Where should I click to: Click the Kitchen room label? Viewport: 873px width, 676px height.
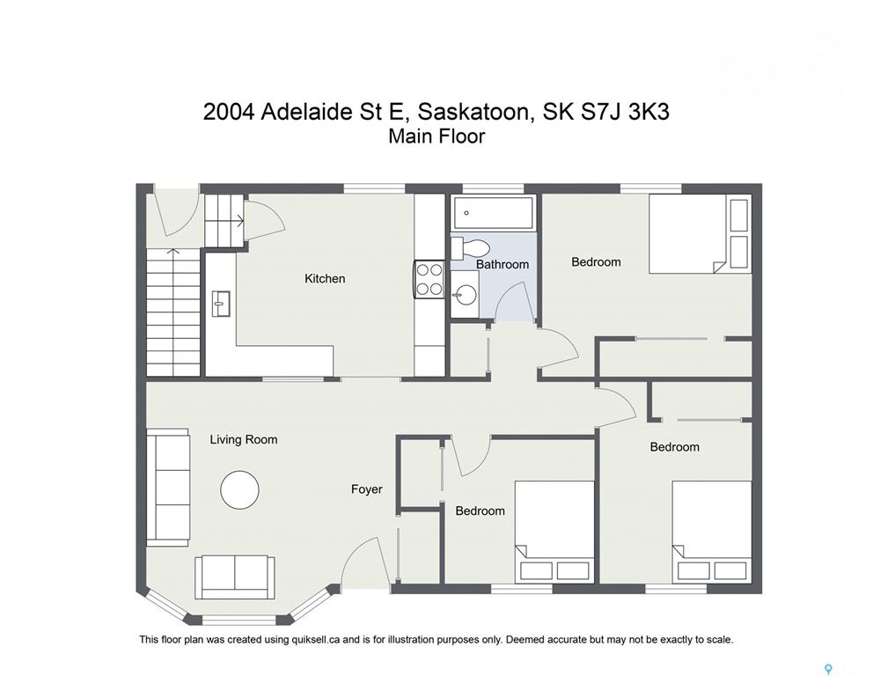[325, 278]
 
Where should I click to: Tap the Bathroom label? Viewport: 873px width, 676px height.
[503, 264]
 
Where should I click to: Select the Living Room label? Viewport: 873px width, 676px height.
[243, 439]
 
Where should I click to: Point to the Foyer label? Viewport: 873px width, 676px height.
[366, 489]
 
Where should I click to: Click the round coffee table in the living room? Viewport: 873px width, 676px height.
[239, 490]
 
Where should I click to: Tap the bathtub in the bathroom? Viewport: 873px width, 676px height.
[494, 213]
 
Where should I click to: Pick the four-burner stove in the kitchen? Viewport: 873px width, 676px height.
[429, 280]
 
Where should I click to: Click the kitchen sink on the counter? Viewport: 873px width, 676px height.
[221, 304]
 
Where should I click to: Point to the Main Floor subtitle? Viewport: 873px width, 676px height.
[436, 136]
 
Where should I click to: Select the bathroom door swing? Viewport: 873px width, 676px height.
[510, 301]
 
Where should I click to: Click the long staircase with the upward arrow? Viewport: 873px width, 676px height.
[173, 312]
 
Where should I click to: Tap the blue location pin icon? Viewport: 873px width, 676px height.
[828, 669]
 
